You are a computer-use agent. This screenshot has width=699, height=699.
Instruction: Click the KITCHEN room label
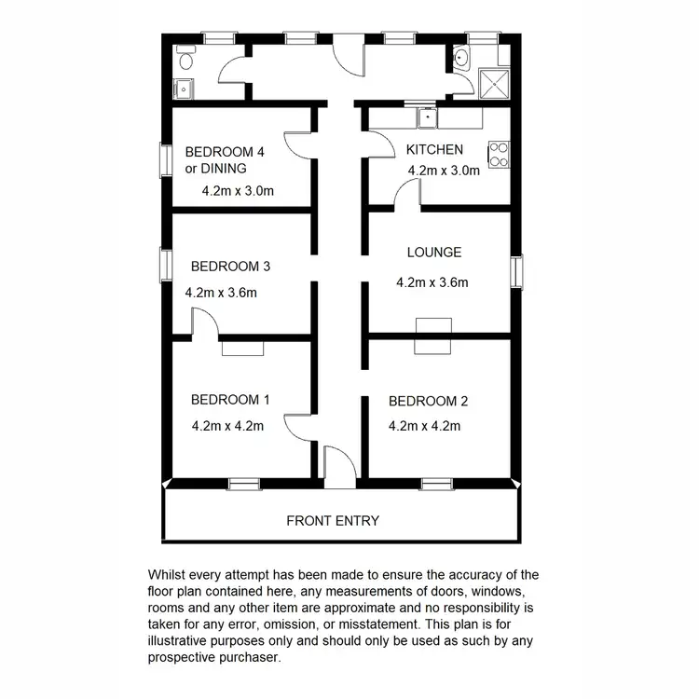point(433,149)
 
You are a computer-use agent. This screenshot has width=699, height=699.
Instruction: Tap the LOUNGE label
point(434,252)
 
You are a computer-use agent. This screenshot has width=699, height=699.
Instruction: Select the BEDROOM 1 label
point(229,400)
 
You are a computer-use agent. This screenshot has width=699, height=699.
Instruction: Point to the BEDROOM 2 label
point(428,402)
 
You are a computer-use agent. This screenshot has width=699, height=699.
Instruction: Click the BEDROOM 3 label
point(229,267)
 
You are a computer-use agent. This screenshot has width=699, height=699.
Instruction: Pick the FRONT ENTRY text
point(333,520)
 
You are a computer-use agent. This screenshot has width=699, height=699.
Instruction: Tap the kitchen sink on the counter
point(428,117)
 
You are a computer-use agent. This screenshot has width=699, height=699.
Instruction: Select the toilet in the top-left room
point(185,62)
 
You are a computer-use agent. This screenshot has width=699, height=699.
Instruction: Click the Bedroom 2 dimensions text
point(425,427)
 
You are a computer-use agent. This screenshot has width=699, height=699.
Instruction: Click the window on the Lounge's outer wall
point(516,271)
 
